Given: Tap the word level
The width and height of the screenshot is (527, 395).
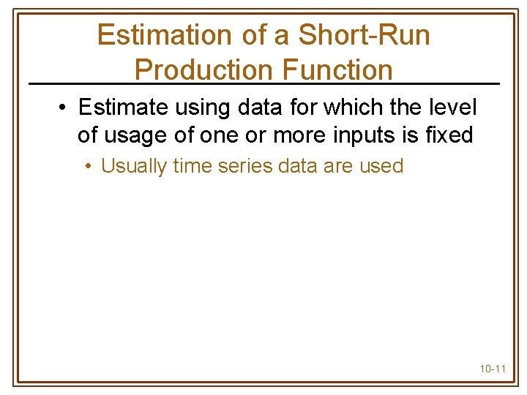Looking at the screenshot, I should tap(453, 108).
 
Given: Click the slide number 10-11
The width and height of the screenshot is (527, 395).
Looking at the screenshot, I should tap(493, 369).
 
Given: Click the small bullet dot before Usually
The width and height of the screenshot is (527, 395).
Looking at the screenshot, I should tap(87, 167).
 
